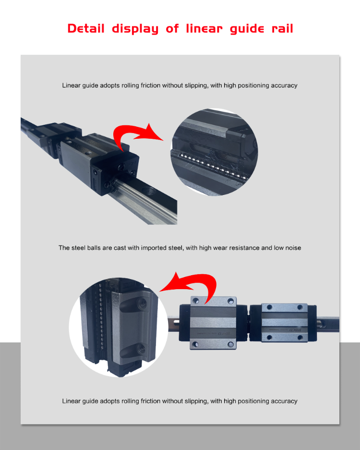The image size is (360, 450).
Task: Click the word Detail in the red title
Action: (86, 28)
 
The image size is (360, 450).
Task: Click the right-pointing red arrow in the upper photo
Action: (139, 135)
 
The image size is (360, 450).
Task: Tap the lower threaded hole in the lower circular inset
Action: (140, 347)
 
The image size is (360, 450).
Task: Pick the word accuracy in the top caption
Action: (283, 85)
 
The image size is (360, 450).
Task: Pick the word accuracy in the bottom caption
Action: (283, 401)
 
